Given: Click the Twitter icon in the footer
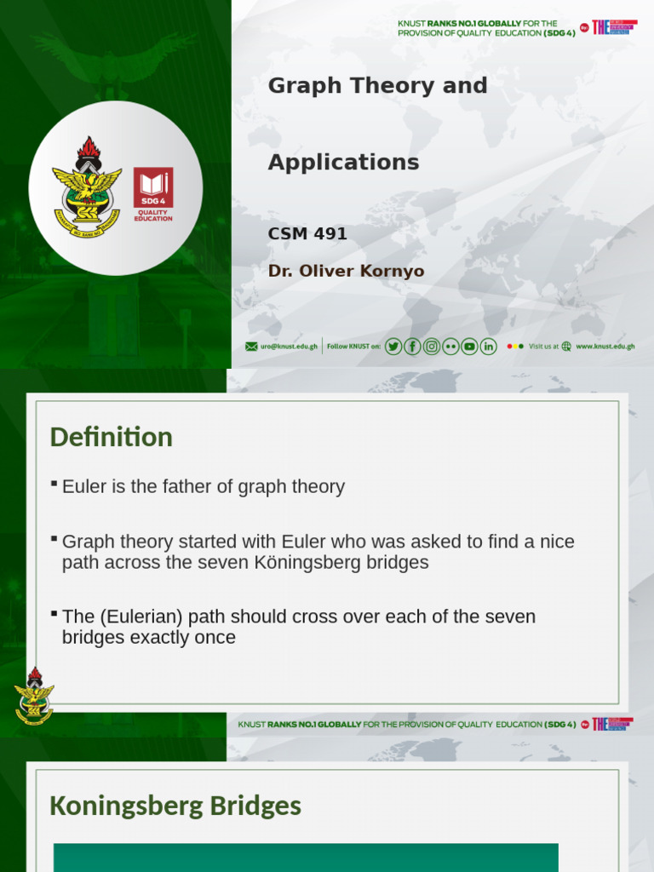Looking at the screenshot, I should click(x=393, y=346).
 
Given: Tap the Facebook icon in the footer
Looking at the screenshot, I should click(x=412, y=346).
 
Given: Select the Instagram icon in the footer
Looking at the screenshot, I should click(x=432, y=346).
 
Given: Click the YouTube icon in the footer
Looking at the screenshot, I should click(x=469, y=346).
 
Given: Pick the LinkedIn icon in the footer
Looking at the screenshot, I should click(x=488, y=346).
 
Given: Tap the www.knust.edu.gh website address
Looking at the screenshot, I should click(x=605, y=347).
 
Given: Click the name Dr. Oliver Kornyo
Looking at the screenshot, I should click(x=346, y=272).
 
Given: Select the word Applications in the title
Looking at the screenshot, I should click(x=343, y=163).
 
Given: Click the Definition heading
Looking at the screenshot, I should click(x=111, y=437).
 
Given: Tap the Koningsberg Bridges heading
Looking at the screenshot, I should click(x=175, y=806).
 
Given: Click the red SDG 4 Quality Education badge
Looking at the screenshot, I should click(x=153, y=193).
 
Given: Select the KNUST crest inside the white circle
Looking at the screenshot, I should click(x=87, y=187).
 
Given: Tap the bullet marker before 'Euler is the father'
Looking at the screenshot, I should click(x=54, y=485).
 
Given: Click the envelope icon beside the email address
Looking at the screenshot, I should click(x=251, y=347).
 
